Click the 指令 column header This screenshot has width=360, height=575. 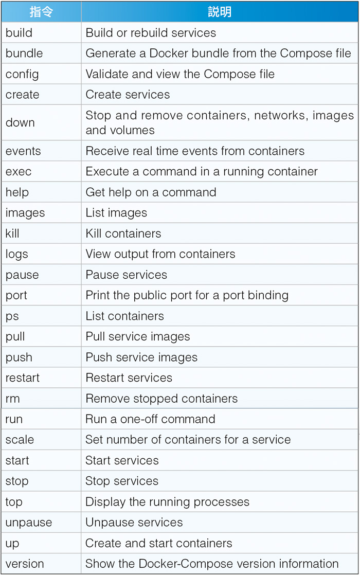pyautogui.click(x=41, y=12)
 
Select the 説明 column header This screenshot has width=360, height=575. pyautogui.click(x=220, y=12)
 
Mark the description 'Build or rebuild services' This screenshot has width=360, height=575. pyautogui.click(x=151, y=32)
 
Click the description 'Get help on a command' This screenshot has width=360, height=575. pyautogui.click(x=151, y=192)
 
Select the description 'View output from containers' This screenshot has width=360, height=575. pyautogui.click(x=160, y=254)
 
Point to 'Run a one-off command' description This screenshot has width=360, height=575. pyautogui.click(x=150, y=419)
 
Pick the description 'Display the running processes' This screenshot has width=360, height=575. pyautogui.click(x=167, y=502)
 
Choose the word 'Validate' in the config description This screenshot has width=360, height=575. pyautogui.click(x=107, y=74)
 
